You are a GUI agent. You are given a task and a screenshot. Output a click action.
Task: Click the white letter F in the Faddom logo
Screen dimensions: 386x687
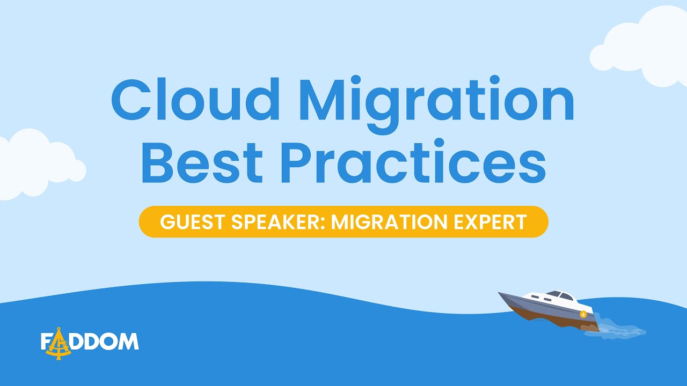46,342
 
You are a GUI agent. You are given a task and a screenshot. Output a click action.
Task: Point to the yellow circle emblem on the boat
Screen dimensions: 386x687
583,314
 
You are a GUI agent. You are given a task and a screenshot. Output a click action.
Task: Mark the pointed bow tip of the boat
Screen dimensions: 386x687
500,293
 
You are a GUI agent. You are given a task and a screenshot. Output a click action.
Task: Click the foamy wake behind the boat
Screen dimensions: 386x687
623,329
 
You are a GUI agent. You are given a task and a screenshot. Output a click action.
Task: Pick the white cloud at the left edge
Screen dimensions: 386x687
32,164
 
